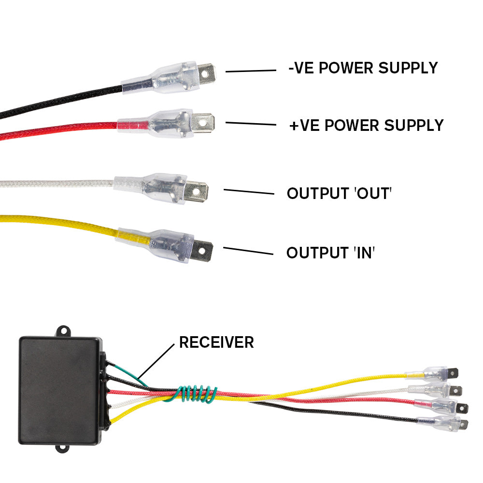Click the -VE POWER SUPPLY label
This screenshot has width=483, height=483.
pyautogui.click(x=363, y=68)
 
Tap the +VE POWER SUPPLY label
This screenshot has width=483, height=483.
pyautogui.click(x=366, y=126)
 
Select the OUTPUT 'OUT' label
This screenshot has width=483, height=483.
pyautogui.click(x=339, y=194)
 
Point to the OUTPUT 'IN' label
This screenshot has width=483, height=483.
pyautogui.click(x=331, y=253)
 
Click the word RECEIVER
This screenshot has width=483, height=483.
pyautogui.click(x=216, y=342)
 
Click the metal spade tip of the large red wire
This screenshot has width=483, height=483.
pyautogui.click(x=203, y=122)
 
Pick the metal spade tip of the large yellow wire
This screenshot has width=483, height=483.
pyautogui.click(x=203, y=250)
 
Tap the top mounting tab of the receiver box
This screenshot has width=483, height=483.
pyautogui.click(x=63, y=331)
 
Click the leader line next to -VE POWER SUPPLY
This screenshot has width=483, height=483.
pyautogui.click(x=251, y=71)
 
